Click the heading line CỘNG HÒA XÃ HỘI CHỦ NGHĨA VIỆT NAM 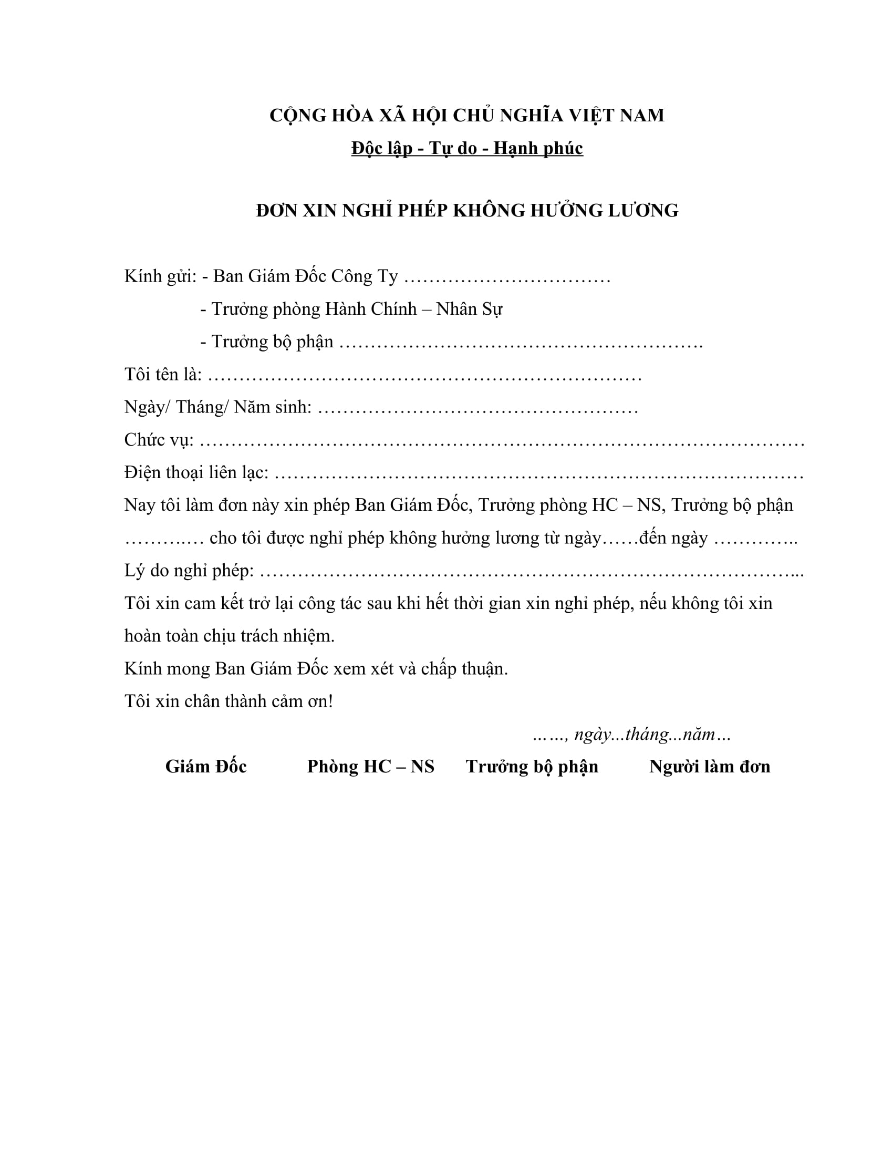tap(466, 116)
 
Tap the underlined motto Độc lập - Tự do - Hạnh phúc tap(466, 148)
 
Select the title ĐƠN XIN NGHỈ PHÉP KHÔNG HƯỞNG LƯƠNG tap(466, 211)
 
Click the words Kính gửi tap(160, 276)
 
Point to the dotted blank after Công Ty tap(507, 277)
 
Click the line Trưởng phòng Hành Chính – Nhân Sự tap(351, 309)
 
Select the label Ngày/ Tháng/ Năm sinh tap(217, 407)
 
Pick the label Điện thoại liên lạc tap(196, 473)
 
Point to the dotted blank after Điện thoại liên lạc tap(538, 474)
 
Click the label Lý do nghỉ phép tap(189, 571)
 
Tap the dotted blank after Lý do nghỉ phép tap(532, 572)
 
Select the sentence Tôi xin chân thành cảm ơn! tap(229, 701)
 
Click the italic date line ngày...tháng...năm tap(631, 735)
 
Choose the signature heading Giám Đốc tap(206, 767)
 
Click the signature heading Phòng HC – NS tap(370, 767)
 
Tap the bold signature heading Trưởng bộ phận tap(532, 767)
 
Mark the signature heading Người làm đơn tap(710, 767)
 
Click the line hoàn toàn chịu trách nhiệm tap(229, 636)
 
